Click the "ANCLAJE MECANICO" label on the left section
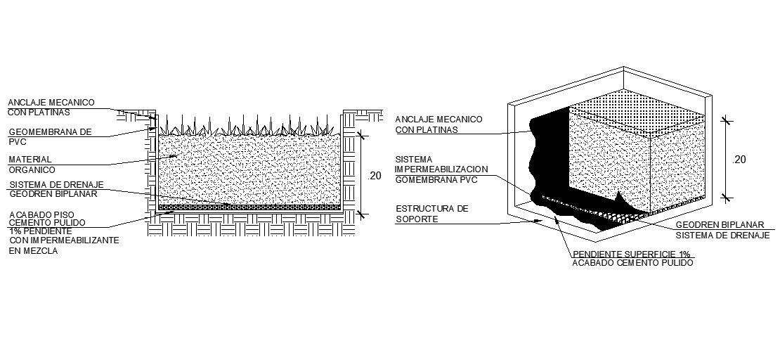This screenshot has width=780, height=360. coord(51,102)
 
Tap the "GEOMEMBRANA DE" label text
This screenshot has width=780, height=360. coord(49,131)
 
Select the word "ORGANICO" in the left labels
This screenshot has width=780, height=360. coord(32,169)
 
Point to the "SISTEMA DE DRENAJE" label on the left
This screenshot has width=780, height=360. coord(56,185)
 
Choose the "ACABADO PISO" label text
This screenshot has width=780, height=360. coord(41,214)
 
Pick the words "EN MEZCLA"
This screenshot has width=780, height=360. coord(33,250)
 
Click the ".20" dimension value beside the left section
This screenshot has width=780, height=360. coord(375,176)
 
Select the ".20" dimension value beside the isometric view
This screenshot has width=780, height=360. coord(739,160)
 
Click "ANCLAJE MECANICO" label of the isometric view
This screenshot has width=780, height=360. coord(438,120)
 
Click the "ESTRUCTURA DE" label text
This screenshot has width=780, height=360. coord(431,209)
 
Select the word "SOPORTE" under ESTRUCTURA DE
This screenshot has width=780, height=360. coord(417,219)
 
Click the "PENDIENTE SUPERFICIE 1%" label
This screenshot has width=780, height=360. coord(632,254)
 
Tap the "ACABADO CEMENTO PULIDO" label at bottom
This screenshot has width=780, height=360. coord(633,263)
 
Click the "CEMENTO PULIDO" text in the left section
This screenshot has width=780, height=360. coord(48,223)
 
